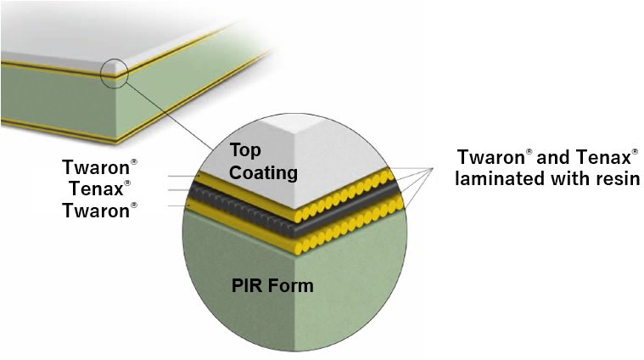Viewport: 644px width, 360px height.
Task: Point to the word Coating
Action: [x=264, y=173]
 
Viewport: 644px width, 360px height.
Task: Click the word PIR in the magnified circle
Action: [x=248, y=285]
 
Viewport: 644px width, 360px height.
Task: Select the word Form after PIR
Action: [x=293, y=285]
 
